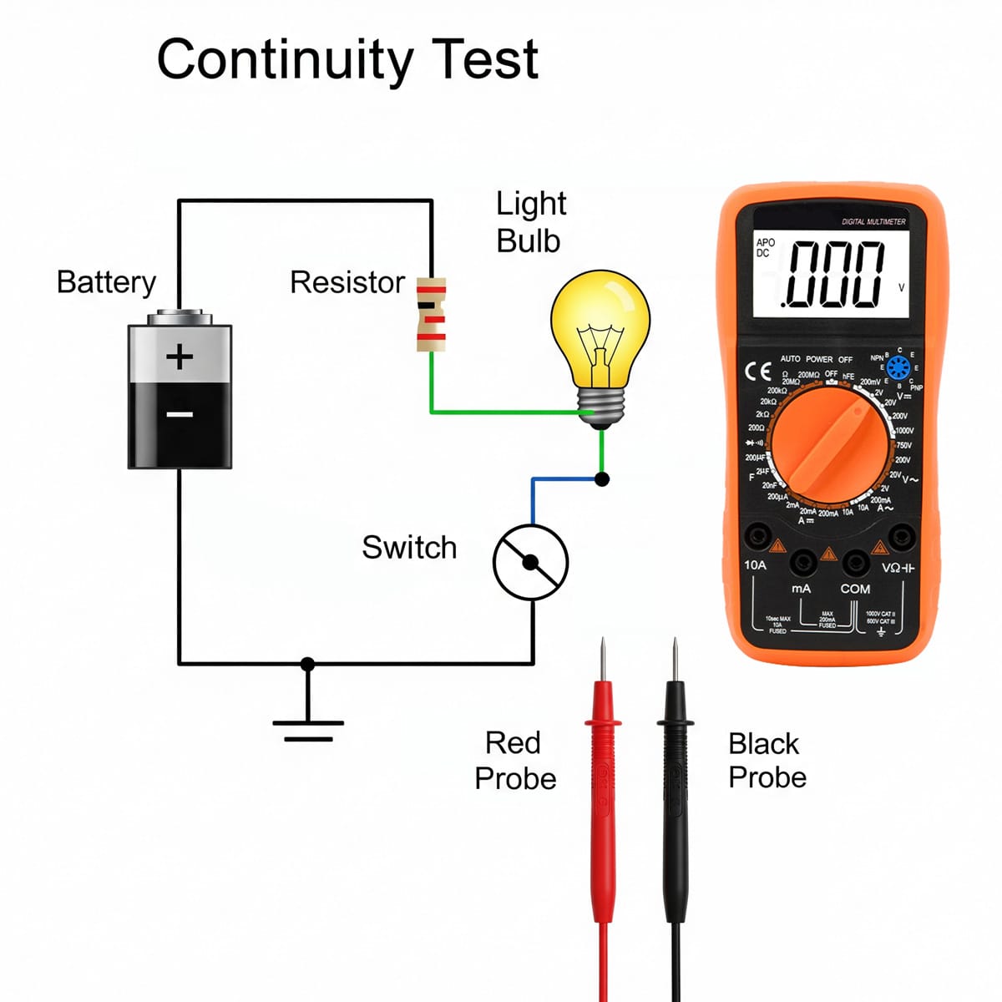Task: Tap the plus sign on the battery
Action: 180,357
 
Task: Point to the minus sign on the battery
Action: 180,415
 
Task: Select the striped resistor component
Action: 431,314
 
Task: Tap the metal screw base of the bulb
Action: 600,407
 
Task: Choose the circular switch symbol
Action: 530,562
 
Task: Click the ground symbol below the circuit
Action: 307,725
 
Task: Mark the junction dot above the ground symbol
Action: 307,664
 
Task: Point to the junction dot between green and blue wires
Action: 601,479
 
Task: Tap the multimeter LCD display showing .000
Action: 831,274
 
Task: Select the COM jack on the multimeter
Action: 855,562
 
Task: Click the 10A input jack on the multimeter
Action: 758,536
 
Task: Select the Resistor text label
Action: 347,283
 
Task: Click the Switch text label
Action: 409,548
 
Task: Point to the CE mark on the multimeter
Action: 757,372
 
